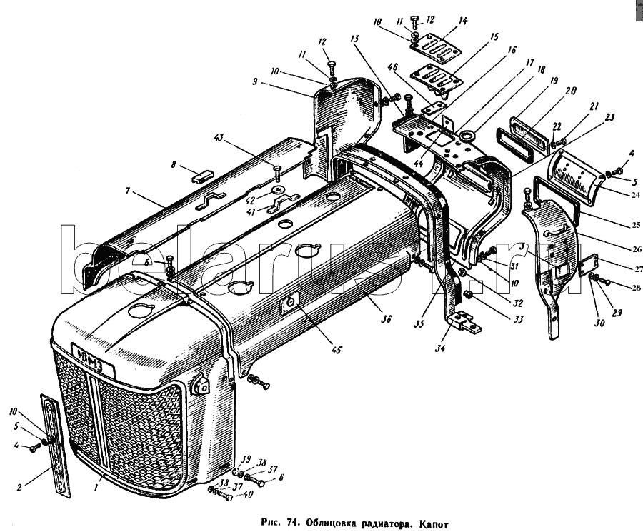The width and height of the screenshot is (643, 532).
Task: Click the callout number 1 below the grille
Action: click(96, 487)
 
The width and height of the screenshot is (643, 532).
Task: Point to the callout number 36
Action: click(387, 319)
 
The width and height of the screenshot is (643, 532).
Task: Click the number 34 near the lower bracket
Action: click(442, 348)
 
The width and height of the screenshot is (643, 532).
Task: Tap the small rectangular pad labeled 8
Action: click(201, 179)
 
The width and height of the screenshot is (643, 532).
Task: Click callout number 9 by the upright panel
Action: click(254, 81)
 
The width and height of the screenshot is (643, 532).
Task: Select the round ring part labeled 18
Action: click(467, 135)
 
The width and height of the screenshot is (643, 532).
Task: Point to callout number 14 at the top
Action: click(462, 20)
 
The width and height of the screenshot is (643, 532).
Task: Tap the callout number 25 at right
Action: click(635, 225)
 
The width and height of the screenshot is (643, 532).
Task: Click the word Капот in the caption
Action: click(434, 524)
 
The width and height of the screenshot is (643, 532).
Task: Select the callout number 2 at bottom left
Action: click(19, 487)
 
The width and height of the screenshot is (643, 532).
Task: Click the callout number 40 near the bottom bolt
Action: click(247, 495)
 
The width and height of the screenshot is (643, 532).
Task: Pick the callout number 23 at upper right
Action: click(610, 117)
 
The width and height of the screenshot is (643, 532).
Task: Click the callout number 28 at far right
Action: click(636, 288)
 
